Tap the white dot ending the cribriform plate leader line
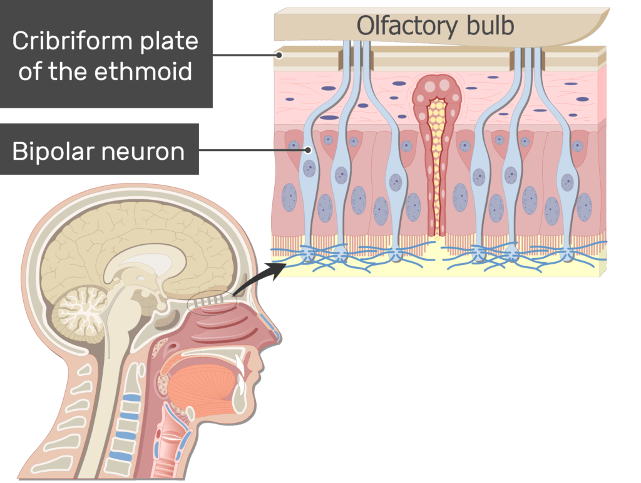(x=280, y=55)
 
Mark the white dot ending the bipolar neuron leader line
(x=309, y=150)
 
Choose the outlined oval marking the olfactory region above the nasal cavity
(x=210, y=301)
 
